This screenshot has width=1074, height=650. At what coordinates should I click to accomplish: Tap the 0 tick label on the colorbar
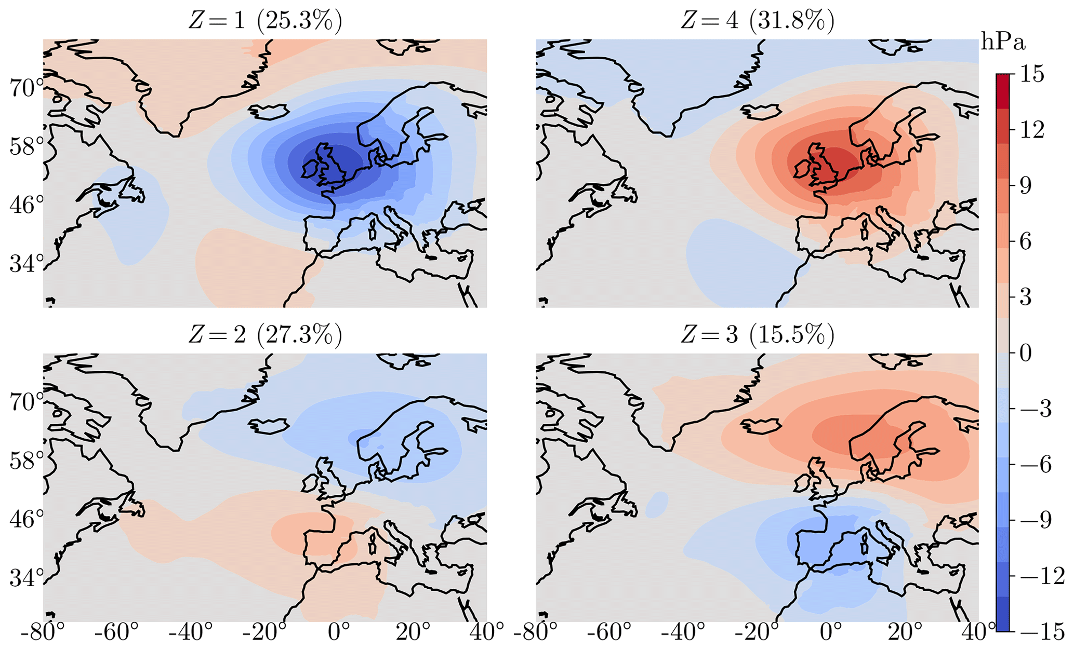tap(1026, 354)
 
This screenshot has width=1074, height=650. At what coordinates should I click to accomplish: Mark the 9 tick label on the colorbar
tap(1026, 186)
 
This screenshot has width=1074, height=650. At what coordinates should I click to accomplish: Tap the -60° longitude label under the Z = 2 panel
tap(119, 634)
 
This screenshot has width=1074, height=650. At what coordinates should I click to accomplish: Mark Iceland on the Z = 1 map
tap(269, 111)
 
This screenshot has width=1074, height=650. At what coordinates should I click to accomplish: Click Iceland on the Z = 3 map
tap(761, 426)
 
